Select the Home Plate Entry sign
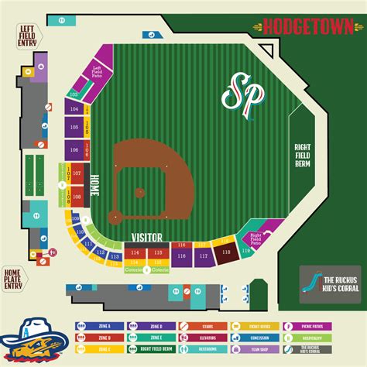click(x=14, y=277)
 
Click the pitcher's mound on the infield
click(x=139, y=192)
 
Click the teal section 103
click(x=74, y=94)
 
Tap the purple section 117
click(x=204, y=255)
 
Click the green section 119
click(x=245, y=252)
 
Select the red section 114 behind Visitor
click(x=135, y=253)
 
